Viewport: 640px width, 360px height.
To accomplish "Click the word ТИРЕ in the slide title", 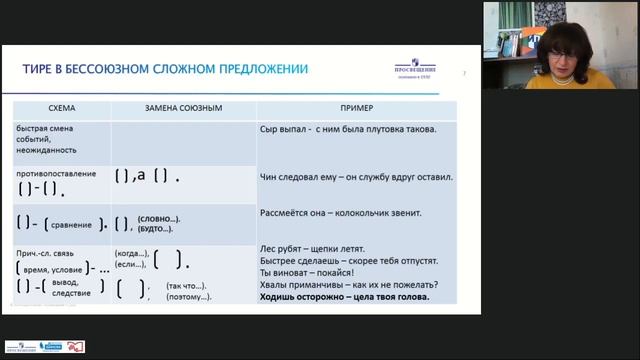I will [40, 69].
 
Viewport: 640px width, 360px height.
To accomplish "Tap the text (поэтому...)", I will [189, 297].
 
